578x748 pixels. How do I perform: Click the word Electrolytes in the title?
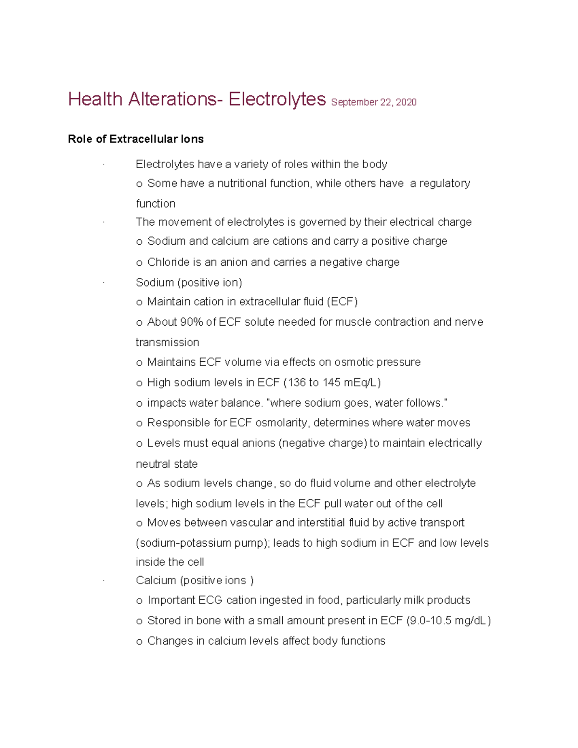pyautogui.click(x=277, y=99)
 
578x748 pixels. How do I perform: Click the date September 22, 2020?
pyautogui.click(x=374, y=102)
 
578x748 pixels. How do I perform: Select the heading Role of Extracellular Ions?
pyautogui.click(x=136, y=139)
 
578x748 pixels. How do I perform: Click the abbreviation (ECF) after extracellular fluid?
pyautogui.click(x=342, y=302)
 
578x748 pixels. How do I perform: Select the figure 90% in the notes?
pyautogui.click(x=191, y=322)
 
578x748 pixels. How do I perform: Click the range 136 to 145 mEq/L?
pyautogui.click(x=332, y=383)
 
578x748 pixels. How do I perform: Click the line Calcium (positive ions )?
pyautogui.click(x=195, y=581)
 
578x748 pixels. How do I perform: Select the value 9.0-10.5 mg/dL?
pyautogui.click(x=448, y=621)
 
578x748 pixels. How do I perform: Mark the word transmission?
pyautogui.click(x=167, y=342)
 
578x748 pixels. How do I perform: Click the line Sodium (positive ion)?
pyautogui.click(x=189, y=283)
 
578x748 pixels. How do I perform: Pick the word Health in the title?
pyautogui.click(x=95, y=99)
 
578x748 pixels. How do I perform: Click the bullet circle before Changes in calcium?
pyautogui.click(x=140, y=642)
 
